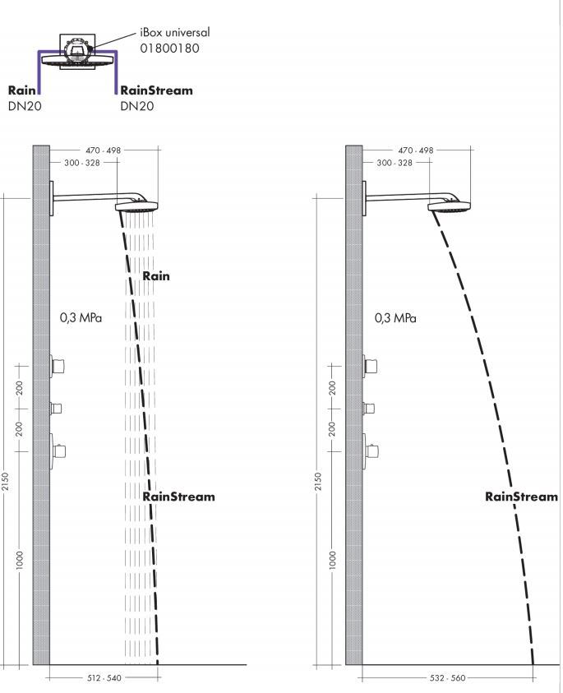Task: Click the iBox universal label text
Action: click(x=175, y=32)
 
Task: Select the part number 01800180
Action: click(x=169, y=49)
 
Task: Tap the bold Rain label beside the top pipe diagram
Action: click(x=21, y=90)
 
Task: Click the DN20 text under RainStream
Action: click(x=137, y=106)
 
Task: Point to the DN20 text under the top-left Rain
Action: click(x=25, y=106)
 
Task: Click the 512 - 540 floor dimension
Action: click(x=104, y=677)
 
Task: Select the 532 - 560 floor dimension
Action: click(x=447, y=677)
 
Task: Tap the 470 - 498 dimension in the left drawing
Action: click(x=103, y=150)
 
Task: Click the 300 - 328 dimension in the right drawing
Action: click(x=395, y=163)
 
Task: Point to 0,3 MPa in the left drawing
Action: click(x=81, y=317)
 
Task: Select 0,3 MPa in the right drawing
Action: click(x=395, y=318)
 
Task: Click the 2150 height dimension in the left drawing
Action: click(x=5, y=481)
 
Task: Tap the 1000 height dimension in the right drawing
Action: click(x=333, y=560)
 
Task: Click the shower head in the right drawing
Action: click(x=449, y=206)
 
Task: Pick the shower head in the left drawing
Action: click(x=136, y=206)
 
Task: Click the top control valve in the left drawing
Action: click(x=58, y=366)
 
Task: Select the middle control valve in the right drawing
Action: click(x=369, y=408)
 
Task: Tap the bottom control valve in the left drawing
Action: click(x=58, y=451)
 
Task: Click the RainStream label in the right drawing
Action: click(x=521, y=497)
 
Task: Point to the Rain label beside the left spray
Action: click(x=156, y=275)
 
